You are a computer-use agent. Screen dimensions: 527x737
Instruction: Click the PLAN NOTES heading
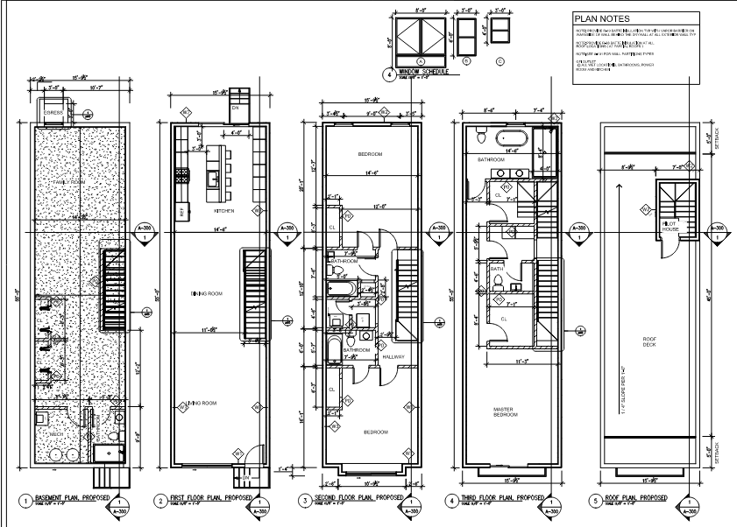[x=601, y=18]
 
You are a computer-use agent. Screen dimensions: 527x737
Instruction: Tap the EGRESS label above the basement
[x=53, y=113]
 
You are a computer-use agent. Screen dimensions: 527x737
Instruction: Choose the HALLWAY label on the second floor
[x=392, y=356]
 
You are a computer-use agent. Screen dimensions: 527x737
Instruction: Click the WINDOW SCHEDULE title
[x=422, y=71]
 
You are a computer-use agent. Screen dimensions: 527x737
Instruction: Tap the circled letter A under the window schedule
[x=420, y=60]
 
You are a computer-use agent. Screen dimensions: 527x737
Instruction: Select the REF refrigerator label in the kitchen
[x=182, y=211]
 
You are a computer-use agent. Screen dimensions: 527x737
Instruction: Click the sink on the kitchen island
[x=212, y=178]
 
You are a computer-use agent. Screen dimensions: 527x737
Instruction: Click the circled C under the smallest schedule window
[x=500, y=60]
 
